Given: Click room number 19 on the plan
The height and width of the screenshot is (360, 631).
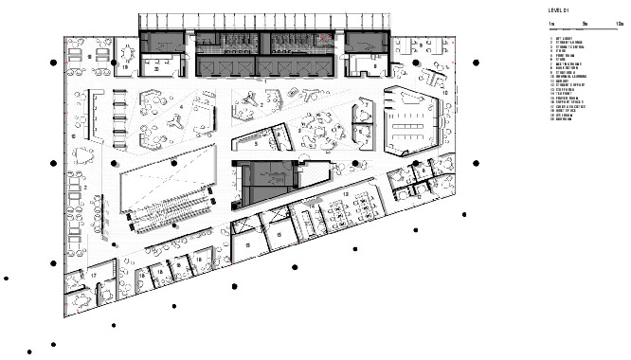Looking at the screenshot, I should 125,68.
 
